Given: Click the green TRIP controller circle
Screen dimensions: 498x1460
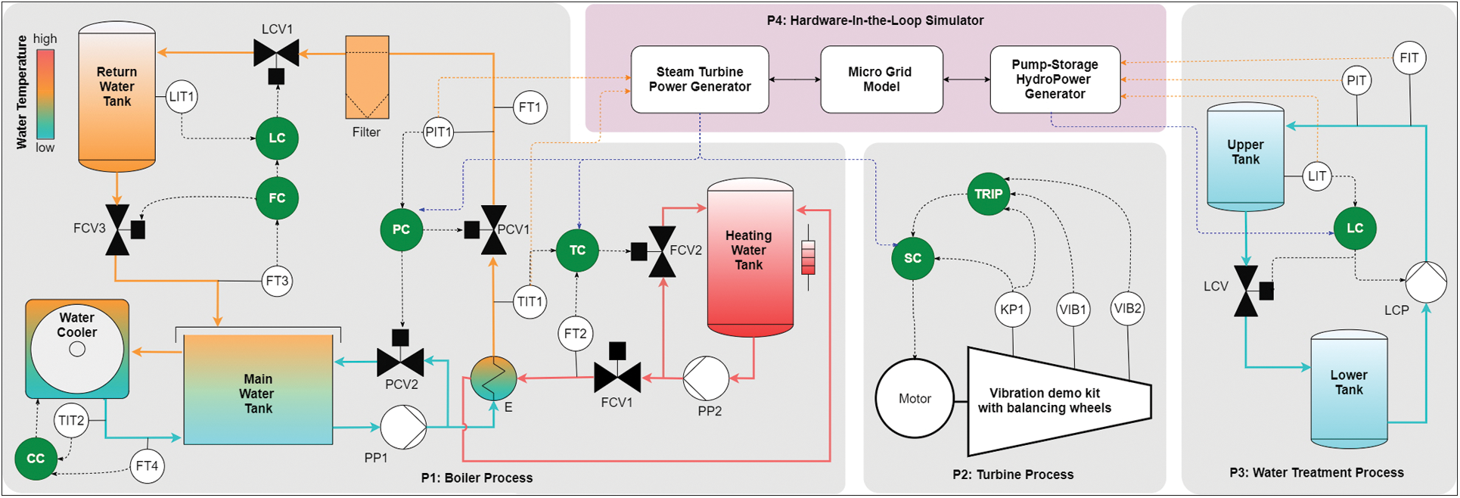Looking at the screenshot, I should pyautogui.click(x=988, y=194).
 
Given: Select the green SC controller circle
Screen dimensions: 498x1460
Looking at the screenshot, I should pyautogui.click(x=912, y=258).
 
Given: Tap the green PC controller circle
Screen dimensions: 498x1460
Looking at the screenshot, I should pyautogui.click(x=401, y=229).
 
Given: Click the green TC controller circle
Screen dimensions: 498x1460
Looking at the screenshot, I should pyautogui.click(x=577, y=251).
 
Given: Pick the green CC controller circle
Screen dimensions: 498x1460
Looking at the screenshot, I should pyautogui.click(x=36, y=459).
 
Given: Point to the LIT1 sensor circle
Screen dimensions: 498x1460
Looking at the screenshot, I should pyautogui.click(x=182, y=97).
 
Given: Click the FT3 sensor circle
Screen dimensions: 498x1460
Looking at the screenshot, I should pyautogui.click(x=278, y=281).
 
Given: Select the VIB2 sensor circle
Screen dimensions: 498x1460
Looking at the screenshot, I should pyautogui.click(x=1127, y=308).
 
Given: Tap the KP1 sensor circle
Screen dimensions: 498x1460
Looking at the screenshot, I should pyautogui.click(x=1012, y=309).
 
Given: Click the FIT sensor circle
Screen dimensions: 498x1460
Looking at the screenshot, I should pyautogui.click(x=1409, y=58).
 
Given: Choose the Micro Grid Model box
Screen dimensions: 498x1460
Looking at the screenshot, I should pyautogui.click(x=881, y=79).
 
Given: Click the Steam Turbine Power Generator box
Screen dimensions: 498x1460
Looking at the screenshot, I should pyautogui.click(x=700, y=79).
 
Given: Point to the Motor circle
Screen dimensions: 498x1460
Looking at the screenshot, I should pyautogui.click(x=915, y=399).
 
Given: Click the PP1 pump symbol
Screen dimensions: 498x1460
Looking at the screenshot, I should pyautogui.click(x=403, y=428).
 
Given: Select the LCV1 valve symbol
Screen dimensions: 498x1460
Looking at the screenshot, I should pyautogui.click(x=276, y=53).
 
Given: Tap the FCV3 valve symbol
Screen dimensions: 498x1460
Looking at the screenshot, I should pyautogui.click(x=117, y=229).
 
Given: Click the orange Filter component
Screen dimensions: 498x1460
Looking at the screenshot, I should pyautogui.click(x=367, y=77).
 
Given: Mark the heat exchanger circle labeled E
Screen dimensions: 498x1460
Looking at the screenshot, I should pyautogui.click(x=493, y=378).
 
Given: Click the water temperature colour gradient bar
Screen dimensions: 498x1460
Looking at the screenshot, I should pyautogui.click(x=45, y=95).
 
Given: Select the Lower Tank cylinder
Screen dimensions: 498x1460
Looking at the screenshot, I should pyautogui.click(x=1349, y=388).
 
